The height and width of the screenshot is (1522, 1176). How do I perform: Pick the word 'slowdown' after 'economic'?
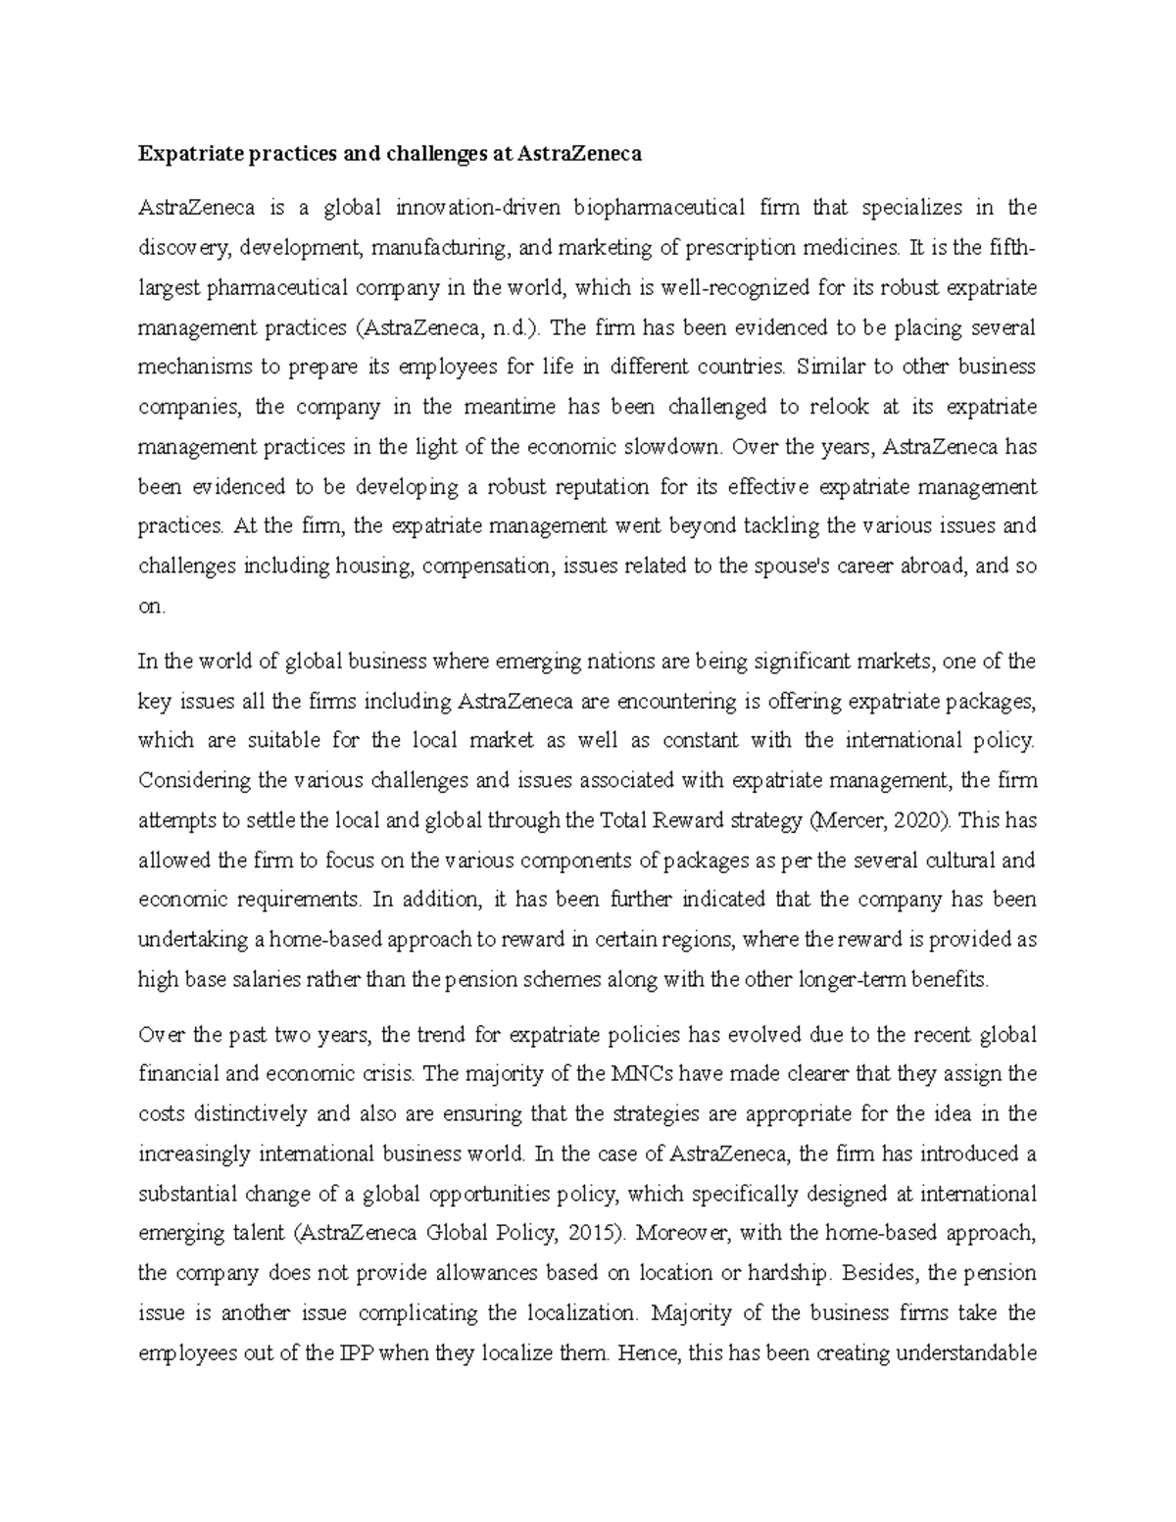(x=676, y=447)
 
